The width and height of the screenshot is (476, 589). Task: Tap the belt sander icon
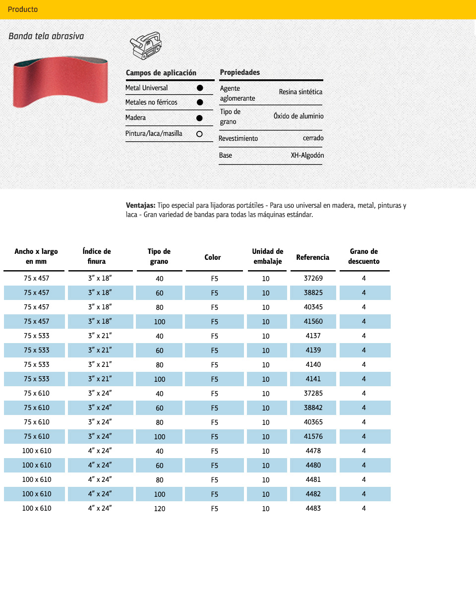coord(146,45)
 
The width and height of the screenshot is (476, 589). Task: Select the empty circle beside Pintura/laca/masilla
coord(199,134)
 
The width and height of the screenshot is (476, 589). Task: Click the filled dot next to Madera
coord(199,118)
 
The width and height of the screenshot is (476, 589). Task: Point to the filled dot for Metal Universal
coord(199,88)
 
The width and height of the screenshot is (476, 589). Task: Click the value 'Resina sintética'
coord(300,92)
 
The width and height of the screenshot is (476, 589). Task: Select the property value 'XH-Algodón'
coord(307,156)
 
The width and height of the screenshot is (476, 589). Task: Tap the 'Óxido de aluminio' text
coord(298,116)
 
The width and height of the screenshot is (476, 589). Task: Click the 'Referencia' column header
coord(313,257)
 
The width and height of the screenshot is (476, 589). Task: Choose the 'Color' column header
coord(213,257)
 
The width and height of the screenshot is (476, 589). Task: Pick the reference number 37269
coord(313,279)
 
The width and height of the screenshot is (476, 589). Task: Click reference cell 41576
coord(313,437)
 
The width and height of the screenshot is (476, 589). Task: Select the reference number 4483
coord(313,509)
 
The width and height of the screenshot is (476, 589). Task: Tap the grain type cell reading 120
coord(160,509)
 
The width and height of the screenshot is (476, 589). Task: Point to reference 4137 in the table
coord(313,336)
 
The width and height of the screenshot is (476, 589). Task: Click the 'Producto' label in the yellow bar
coord(23,9)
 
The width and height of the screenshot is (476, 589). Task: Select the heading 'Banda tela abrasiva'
coord(46,36)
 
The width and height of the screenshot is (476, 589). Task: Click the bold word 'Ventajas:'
coord(141,206)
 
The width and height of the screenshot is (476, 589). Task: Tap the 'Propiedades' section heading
coord(240,72)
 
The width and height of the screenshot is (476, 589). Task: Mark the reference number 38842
coord(313,408)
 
